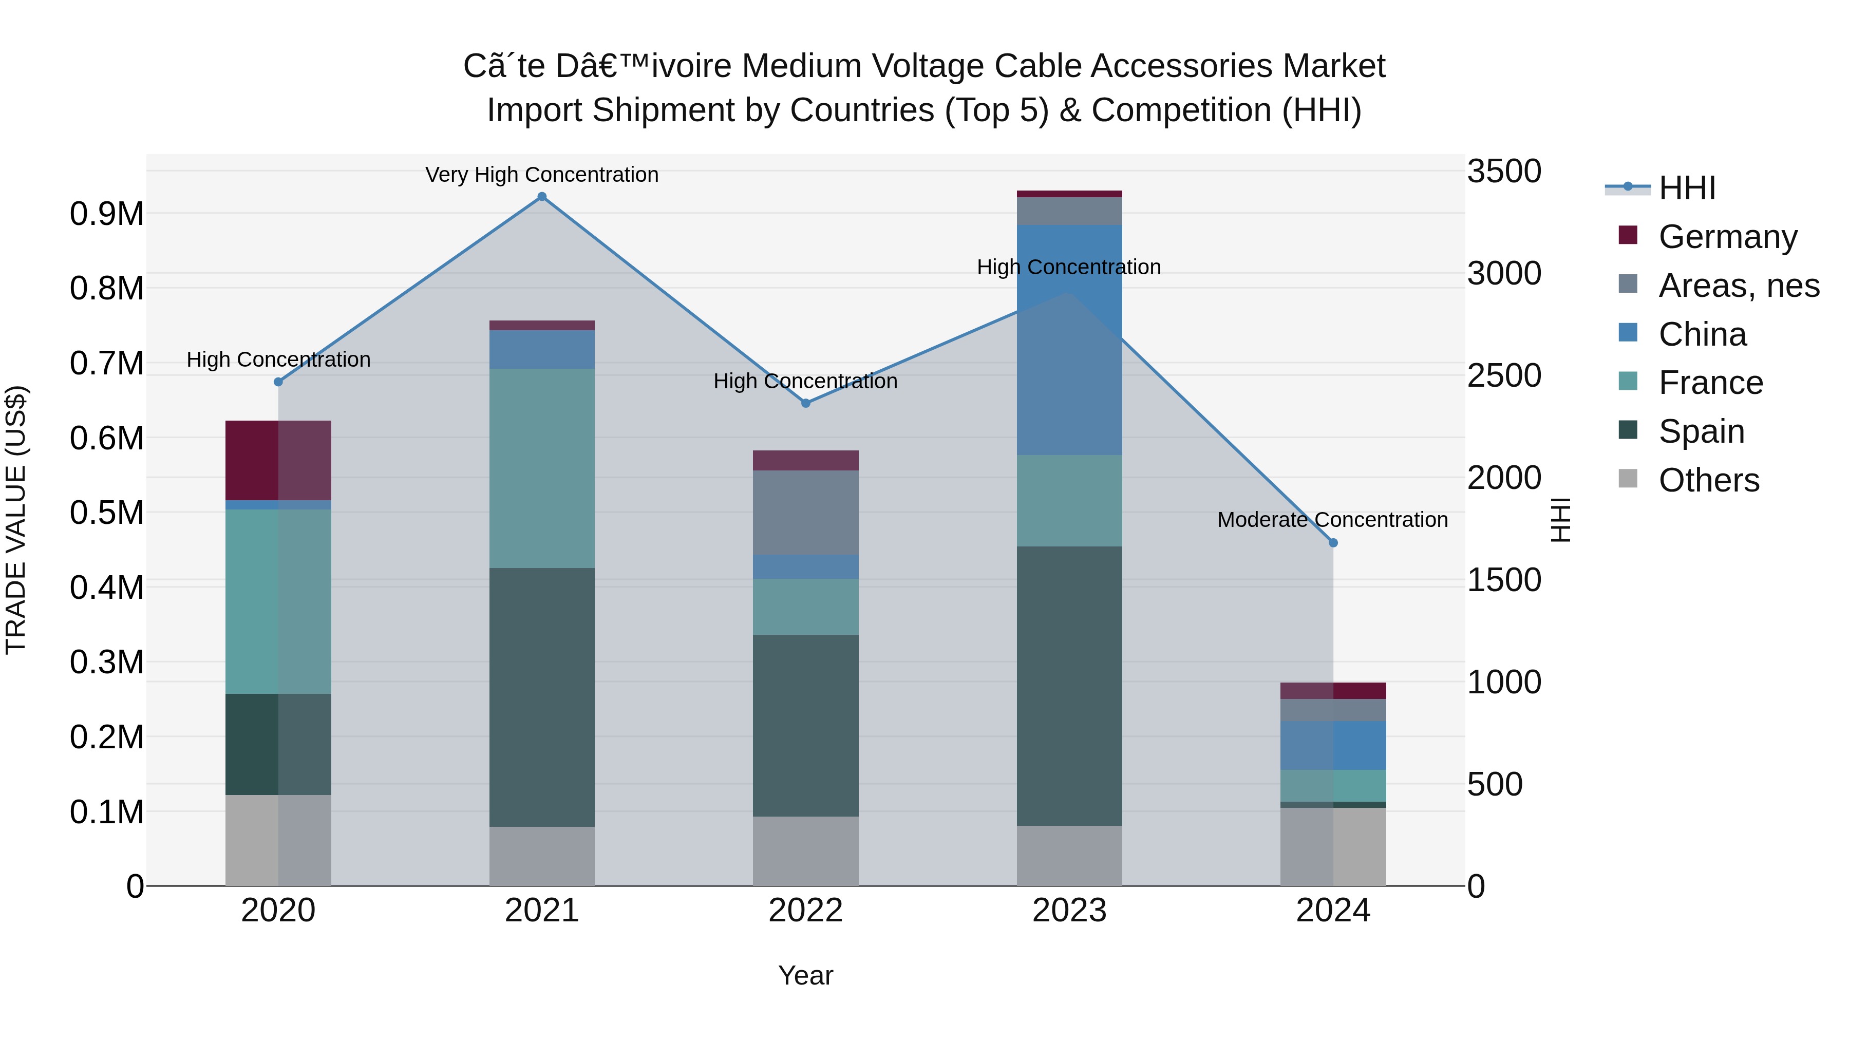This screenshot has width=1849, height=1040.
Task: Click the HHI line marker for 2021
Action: (x=542, y=197)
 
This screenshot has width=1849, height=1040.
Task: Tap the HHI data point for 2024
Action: (x=1333, y=543)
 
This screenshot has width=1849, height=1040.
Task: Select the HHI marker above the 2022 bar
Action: (x=805, y=403)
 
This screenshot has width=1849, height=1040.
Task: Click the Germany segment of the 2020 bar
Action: (x=278, y=460)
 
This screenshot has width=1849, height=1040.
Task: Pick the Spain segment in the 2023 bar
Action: (x=1069, y=686)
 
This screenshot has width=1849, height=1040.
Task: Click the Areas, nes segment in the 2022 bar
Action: (x=805, y=513)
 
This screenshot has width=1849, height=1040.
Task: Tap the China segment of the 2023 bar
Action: (x=1069, y=339)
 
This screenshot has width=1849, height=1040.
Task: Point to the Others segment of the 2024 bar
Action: (x=1333, y=846)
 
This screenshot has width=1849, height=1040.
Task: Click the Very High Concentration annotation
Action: (x=542, y=175)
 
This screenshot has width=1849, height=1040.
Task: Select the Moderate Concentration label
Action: (x=1332, y=520)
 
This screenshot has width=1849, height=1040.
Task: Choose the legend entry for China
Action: (x=1702, y=334)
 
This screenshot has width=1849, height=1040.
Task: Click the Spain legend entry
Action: (x=1701, y=431)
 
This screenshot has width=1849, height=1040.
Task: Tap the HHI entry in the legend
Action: (x=1687, y=188)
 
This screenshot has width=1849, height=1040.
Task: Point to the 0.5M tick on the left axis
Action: (x=106, y=513)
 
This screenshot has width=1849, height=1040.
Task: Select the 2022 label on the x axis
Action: (x=805, y=911)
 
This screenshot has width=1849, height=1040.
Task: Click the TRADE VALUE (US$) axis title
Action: (x=16, y=520)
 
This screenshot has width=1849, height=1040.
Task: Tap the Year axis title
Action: (x=805, y=975)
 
